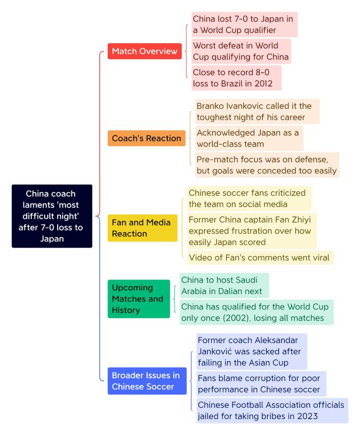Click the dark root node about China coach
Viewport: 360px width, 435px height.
click(52, 216)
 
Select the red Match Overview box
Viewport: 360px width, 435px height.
click(145, 51)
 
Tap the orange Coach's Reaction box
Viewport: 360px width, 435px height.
click(147, 138)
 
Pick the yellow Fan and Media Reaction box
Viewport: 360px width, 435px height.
click(142, 228)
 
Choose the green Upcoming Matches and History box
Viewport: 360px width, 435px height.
click(138, 299)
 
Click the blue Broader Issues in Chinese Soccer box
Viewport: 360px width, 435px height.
click(147, 381)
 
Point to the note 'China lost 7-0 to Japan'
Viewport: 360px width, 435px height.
click(244, 24)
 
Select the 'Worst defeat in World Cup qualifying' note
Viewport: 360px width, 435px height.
click(241, 51)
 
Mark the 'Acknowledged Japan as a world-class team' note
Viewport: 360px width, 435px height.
click(249, 138)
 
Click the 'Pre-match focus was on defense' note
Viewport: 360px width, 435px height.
click(267, 165)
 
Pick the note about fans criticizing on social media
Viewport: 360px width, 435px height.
click(249, 198)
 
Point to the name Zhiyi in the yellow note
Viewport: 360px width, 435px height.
click(301, 220)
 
